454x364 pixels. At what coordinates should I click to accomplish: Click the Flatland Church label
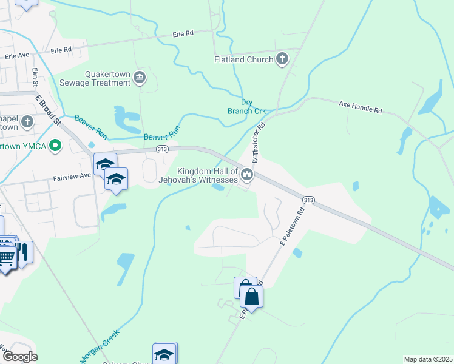[x=244, y=59]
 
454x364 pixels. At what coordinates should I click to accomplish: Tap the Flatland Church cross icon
[x=282, y=59]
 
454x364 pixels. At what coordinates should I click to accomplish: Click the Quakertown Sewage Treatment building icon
[x=140, y=77]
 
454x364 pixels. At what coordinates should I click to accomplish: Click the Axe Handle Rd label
[x=361, y=107]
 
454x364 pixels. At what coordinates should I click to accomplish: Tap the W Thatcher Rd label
[x=260, y=144]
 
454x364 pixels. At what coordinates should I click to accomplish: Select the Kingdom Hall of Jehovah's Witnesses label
[x=198, y=175]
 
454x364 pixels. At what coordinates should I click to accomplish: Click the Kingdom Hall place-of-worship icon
[x=246, y=175]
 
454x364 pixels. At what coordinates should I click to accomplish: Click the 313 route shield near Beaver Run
[x=161, y=149]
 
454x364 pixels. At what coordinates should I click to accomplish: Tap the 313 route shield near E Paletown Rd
[x=308, y=200]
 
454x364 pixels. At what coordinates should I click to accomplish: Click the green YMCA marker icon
[x=56, y=145]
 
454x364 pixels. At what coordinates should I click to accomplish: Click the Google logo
[x=19, y=357]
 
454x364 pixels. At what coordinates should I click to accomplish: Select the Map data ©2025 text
[x=428, y=359]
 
